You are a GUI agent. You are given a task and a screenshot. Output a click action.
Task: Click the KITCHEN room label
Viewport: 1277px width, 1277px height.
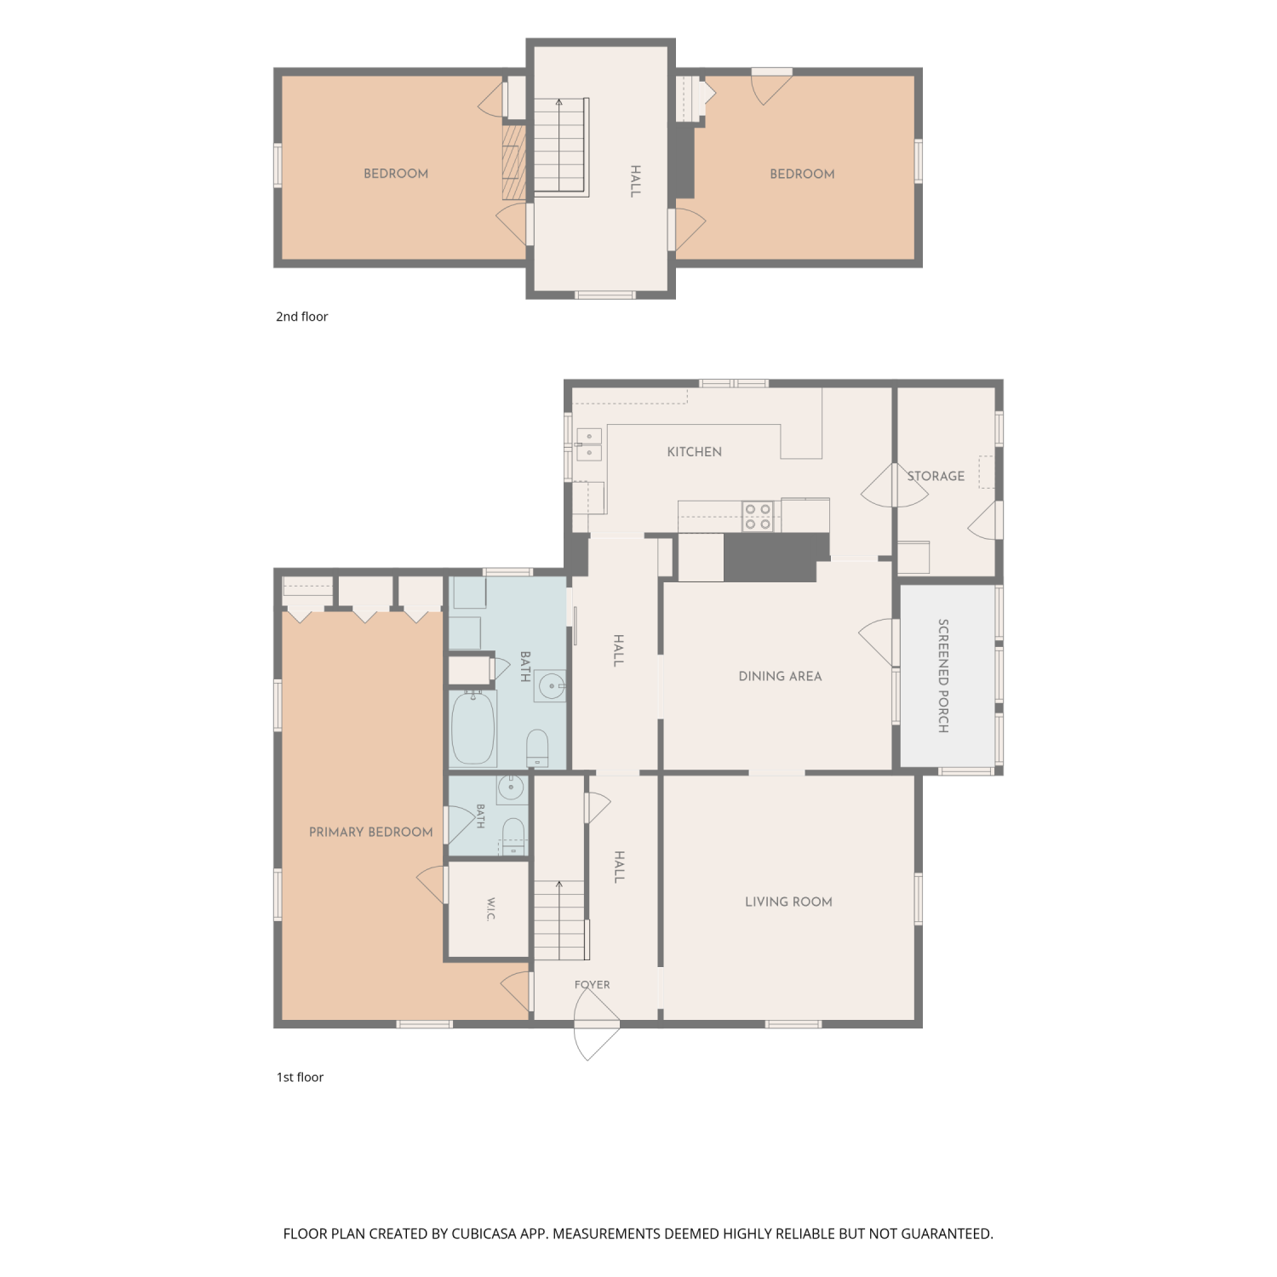694,452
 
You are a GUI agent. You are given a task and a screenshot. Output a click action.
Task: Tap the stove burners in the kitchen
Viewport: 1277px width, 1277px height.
758,517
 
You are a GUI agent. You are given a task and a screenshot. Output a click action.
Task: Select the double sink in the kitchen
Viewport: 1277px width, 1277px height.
589,444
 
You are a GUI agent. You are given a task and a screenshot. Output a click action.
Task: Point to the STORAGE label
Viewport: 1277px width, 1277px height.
936,476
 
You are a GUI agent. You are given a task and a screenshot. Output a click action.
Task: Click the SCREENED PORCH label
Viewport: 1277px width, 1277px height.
943,676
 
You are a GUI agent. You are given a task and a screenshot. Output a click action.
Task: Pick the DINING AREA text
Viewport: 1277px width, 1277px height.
780,677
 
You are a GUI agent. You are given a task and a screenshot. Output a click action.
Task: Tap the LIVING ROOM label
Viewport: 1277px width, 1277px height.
788,902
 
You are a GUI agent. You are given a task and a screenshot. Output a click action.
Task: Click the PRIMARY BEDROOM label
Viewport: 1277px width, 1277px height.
370,832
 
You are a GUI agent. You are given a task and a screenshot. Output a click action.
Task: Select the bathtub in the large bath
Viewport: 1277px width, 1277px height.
472,728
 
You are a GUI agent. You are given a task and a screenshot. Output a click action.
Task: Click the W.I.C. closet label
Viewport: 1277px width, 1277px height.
491,908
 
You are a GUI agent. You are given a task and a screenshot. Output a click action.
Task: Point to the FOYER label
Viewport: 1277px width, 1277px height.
592,985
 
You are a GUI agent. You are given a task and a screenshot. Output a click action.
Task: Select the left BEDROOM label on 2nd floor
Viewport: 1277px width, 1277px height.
396,174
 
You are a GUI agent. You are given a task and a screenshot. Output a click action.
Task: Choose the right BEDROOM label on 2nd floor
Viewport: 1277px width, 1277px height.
802,174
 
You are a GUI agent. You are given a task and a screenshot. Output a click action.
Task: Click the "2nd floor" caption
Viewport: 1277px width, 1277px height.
301,317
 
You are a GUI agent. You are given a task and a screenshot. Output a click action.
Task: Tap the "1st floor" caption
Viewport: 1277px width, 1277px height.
300,1077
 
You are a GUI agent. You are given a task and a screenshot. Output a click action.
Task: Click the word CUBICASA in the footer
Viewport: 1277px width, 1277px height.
485,1234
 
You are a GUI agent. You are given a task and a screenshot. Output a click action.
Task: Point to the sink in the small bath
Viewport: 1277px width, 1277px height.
511,787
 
